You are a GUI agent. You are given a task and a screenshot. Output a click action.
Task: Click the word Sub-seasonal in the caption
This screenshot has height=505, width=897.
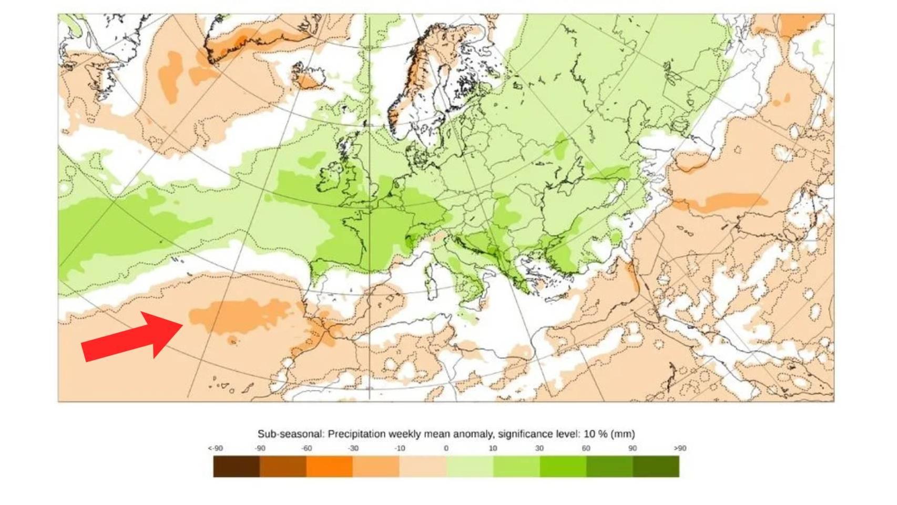coord(290,434)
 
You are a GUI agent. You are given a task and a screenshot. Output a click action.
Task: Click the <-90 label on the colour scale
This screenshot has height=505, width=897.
coord(216,448)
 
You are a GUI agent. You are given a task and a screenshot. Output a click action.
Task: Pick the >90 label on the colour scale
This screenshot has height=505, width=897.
coord(680,448)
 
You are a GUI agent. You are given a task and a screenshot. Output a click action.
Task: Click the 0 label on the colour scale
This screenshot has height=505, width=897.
coord(446,448)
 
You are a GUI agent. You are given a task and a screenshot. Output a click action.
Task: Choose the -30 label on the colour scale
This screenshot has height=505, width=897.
coord(353,448)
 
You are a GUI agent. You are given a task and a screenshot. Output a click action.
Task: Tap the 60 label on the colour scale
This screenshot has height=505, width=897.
coord(586,448)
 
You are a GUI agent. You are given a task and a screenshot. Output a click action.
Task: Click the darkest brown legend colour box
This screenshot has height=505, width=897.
coord(236,467)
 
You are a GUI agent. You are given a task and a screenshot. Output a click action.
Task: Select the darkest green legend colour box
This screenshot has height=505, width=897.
coord(656,467)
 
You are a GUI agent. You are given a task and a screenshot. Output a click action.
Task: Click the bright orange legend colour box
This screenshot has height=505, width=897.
coord(329,467)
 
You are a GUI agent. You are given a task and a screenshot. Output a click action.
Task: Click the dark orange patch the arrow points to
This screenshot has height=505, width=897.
coord(237,316)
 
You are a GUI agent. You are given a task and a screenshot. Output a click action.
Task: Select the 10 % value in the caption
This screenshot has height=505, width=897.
coord(595,434)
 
